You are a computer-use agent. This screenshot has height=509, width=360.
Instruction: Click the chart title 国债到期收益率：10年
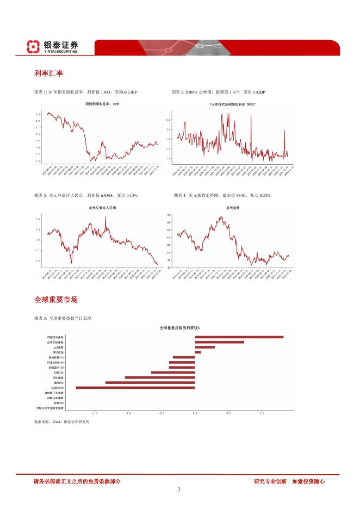[102, 103]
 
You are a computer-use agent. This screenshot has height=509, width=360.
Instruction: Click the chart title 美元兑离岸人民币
[102, 208]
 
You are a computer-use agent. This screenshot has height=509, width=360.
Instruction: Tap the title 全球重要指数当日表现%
[179, 328]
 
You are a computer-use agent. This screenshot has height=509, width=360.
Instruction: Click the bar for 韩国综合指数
[239, 337]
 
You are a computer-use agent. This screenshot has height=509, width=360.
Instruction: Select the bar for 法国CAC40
[135, 387]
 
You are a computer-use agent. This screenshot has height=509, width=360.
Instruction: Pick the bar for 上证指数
[204, 347]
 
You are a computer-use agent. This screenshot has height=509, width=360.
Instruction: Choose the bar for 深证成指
[198, 352]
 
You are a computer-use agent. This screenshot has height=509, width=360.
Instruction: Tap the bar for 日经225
[173, 372]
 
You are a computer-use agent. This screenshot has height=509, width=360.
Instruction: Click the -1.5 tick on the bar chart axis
[95, 413]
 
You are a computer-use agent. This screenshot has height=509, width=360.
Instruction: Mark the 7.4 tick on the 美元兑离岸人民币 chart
[38, 219]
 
